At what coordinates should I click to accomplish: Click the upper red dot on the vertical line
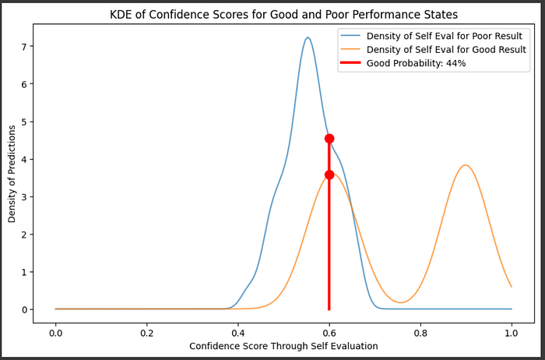point(329,139)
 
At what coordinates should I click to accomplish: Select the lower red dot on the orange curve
point(329,175)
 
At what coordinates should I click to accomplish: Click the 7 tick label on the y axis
point(23,47)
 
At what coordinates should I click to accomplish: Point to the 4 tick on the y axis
point(23,159)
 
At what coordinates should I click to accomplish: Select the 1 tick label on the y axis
point(23,272)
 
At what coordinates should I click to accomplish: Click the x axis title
point(283,346)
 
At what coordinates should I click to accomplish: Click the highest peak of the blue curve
point(308,37)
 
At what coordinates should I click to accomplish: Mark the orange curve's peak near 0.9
point(466,165)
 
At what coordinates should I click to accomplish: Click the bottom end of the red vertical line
point(329,309)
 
